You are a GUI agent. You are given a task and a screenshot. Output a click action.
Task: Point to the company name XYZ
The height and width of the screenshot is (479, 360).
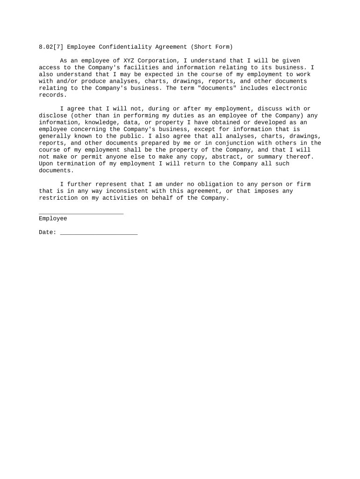click(x=129, y=61)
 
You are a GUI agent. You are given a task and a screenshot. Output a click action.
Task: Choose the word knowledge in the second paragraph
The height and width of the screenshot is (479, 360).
click(x=101, y=123)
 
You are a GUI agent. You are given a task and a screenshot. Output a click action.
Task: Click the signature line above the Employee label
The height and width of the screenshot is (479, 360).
click(x=81, y=213)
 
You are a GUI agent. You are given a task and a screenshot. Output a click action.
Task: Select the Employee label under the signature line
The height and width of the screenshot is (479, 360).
click(x=53, y=218)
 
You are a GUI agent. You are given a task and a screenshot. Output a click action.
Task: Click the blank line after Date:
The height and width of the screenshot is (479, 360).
click(x=99, y=232)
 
